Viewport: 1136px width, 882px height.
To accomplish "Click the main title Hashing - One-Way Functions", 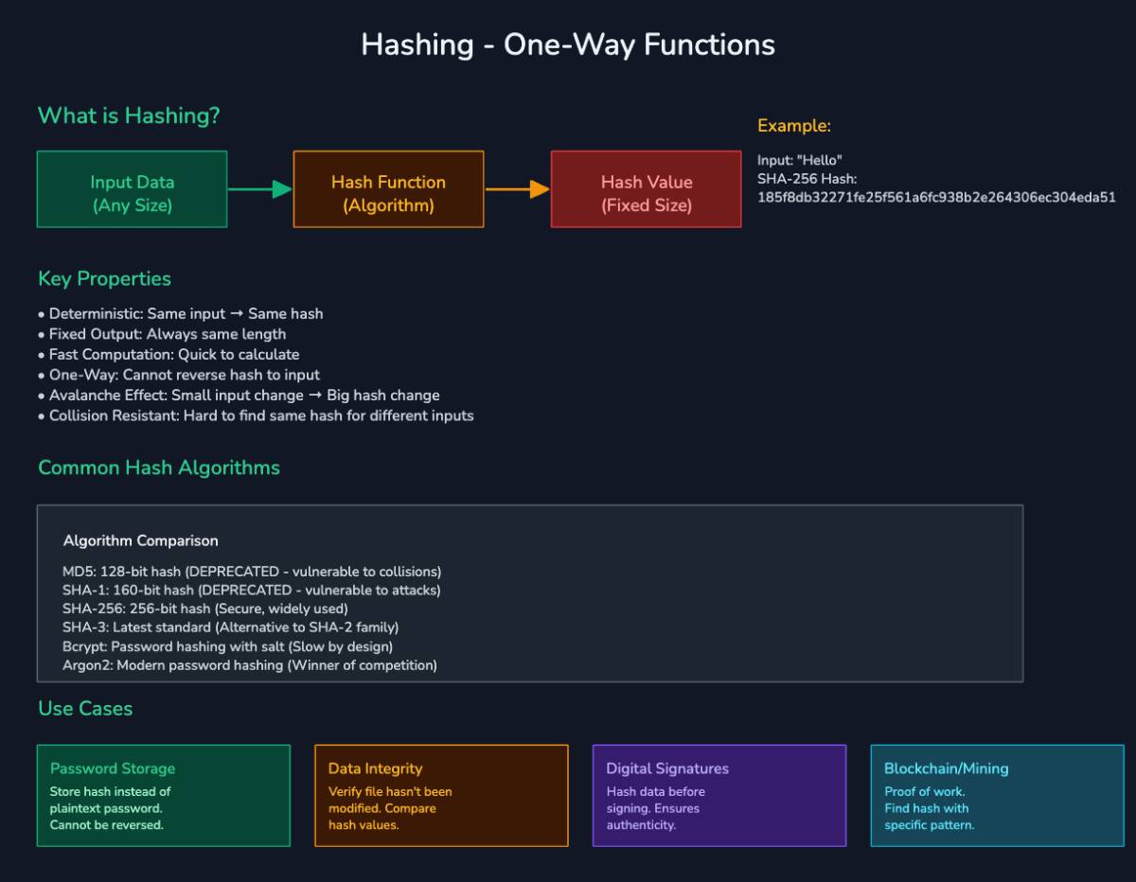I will pos(568,44).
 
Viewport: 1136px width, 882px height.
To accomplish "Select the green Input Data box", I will pos(133,189).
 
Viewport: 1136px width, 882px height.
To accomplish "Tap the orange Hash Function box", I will pos(388,189).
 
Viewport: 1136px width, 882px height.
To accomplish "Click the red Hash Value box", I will pos(647,189).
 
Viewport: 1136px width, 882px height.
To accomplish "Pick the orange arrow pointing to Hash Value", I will pos(517,189).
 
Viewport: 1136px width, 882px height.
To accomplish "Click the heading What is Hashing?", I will pos(129,116).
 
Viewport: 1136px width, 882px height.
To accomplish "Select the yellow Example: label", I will pos(794,126).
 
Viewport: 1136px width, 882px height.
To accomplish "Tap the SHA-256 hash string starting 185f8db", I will pos(936,198).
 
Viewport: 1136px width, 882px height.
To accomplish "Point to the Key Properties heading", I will pos(105,279).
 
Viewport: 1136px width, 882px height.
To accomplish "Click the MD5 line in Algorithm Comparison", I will pos(252,572).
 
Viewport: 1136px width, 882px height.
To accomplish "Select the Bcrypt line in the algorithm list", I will pos(227,646).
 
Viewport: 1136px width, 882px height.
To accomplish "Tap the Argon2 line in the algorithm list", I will pos(250,665).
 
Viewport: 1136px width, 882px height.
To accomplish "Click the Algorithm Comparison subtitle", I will pos(141,541).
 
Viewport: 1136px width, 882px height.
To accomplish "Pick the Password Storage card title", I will pos(113,768).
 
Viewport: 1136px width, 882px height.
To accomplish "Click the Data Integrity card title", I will pos(376,768).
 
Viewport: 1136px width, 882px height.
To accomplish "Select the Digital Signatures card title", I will pos(667,768).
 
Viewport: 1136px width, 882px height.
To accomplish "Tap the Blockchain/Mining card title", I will pos(947,768).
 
